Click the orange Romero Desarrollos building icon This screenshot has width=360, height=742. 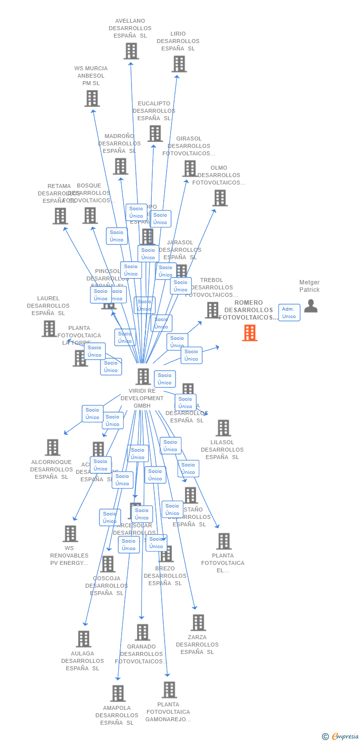(x=250, y=333)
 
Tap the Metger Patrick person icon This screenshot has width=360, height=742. (x=311, y=306)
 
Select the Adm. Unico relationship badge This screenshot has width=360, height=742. (x=289, y=313)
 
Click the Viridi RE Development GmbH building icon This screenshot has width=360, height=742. (x=143, y=376)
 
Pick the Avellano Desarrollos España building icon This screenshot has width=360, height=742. (x=131, y=51)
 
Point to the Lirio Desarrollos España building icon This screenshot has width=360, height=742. (x=179, y=64)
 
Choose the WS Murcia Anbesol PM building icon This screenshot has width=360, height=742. (x=92, y=98)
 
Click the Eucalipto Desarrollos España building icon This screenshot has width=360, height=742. (x=155, y=134)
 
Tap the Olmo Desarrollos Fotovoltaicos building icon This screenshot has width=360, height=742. (x=220, y=198)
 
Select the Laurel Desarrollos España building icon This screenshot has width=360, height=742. (x=49, y=328)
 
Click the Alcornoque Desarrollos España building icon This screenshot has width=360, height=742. (x=52, y=447)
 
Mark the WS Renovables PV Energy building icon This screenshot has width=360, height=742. (x=70, y=534)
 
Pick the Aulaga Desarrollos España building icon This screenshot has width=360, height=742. (x=84, y=639)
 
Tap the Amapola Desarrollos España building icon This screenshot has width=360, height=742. (x=118, y=694)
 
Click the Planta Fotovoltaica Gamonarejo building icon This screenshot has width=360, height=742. (x=169, y=690)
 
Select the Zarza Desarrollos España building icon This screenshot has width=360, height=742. (x=198, y=623)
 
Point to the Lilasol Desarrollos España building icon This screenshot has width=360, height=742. (x=223, y=428)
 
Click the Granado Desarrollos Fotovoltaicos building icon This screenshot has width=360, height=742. (x=142, y=632)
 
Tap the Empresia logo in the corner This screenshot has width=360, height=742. (x=341, y=737)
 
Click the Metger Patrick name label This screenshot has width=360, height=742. (x=310, y=286)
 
